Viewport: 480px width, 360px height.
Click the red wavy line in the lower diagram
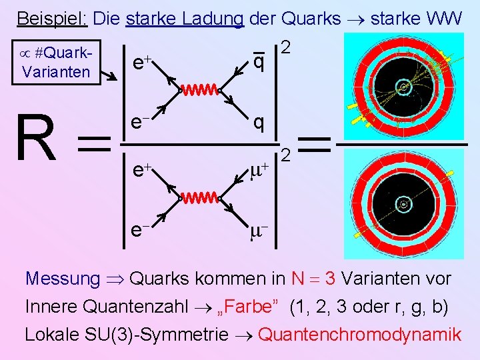(199, 197)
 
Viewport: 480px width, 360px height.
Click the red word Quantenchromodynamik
(359, 333)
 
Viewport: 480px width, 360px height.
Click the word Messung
(63, 278)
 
